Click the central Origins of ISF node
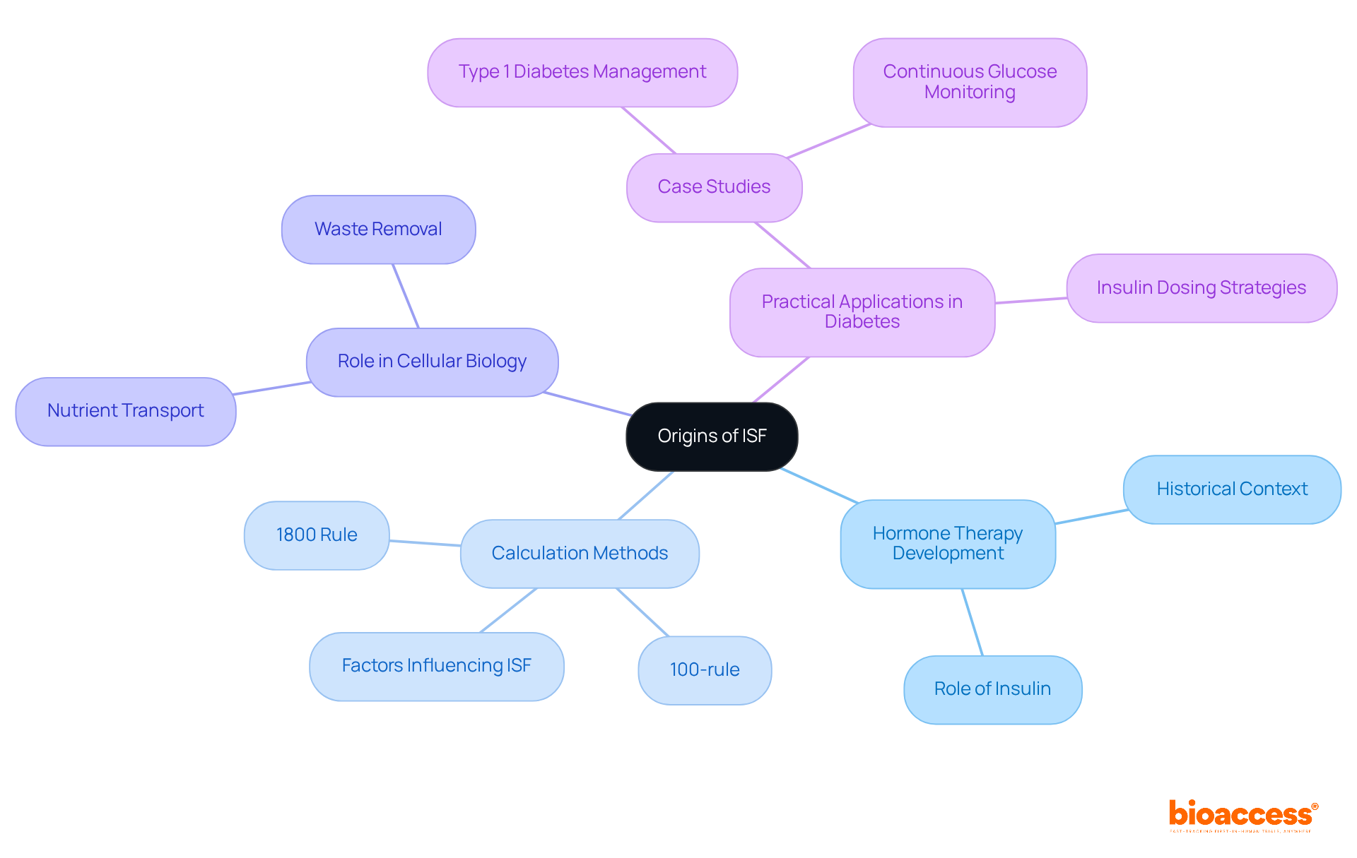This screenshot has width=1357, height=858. [712, 436]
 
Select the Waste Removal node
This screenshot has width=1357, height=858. [378, 230]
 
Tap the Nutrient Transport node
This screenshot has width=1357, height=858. [126, 411]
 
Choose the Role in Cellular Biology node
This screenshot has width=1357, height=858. [432, 362]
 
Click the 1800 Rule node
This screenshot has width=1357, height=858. [317, 535]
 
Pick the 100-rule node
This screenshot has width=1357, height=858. [705, 670]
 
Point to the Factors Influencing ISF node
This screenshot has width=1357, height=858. [436, 666]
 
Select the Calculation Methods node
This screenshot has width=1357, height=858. [580, 554]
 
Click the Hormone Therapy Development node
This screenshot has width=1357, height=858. [948, 544]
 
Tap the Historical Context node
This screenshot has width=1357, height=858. [1232, 489]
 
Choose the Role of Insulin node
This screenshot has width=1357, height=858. [992, 689]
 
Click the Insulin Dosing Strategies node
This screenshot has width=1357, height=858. [1201, 288]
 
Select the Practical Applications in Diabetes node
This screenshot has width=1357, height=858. [862, 312]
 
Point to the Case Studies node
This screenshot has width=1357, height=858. [714, 187]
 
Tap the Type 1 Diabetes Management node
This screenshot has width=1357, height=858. [582, 72]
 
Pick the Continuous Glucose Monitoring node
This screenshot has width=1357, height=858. [970, 82]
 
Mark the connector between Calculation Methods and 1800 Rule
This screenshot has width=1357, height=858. [425, 543]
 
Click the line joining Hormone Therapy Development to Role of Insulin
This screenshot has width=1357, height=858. [973, 622]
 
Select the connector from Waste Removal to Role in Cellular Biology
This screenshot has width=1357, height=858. [406, 296]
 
